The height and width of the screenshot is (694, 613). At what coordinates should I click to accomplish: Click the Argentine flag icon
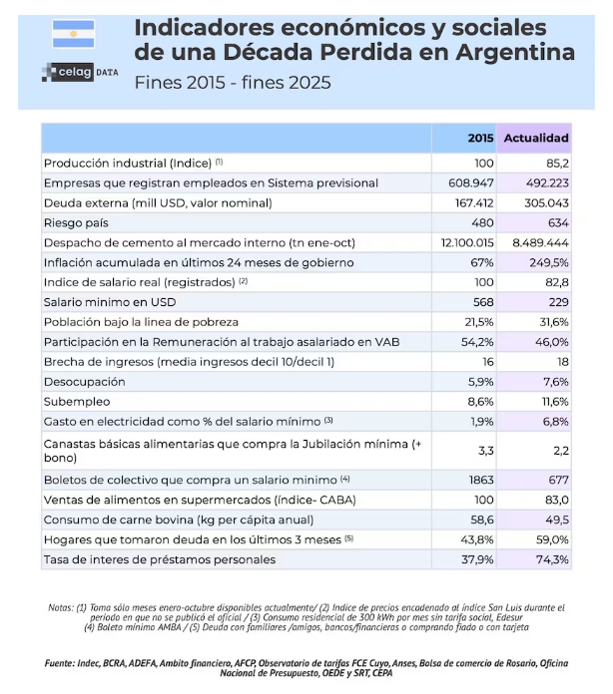pyautogui.click(x=73, y=34)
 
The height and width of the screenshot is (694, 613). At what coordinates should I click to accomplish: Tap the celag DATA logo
pyautogui.click(x=73, y=71)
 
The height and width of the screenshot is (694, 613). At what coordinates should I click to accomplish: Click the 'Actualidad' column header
pyautogui.click(x=535, y=138)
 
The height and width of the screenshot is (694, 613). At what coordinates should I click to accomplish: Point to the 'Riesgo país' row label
pyautogui.click(x=77, y=222)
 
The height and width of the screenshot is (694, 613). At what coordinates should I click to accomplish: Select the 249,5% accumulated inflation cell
pyautogui.click(x=546, y=262)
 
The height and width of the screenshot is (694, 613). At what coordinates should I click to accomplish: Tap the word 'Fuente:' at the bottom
pyautogui.click(x=65, y=663)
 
